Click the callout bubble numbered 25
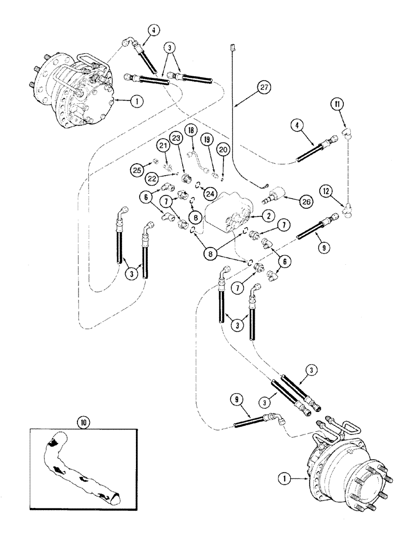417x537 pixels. (136, 171)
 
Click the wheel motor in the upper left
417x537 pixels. (81, 91)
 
